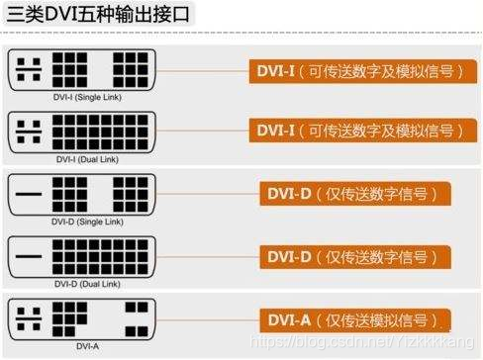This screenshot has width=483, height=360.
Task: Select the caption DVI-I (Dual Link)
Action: pos(80,158)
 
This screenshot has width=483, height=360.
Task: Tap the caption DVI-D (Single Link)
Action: pos(80,221)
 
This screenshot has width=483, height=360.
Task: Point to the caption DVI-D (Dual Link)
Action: pos(80,283)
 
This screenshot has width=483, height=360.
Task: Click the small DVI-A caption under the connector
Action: pos(80,345)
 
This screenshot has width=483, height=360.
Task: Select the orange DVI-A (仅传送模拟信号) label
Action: pos(350,319)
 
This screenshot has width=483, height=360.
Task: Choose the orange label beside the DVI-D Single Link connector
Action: pos(350,194)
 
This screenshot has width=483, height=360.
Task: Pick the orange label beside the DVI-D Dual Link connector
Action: pos(350,257)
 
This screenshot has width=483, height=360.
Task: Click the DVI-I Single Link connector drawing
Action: pos(80,69)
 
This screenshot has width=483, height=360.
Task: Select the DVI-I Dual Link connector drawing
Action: pos(80,131)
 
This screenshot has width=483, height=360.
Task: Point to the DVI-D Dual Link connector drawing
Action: pos(80,256)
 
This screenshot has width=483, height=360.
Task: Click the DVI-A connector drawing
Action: pos(80,318)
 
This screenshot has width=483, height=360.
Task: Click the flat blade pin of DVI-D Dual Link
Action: pos(30,256)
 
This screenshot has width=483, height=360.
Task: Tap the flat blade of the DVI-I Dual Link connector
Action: pos(30,131)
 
